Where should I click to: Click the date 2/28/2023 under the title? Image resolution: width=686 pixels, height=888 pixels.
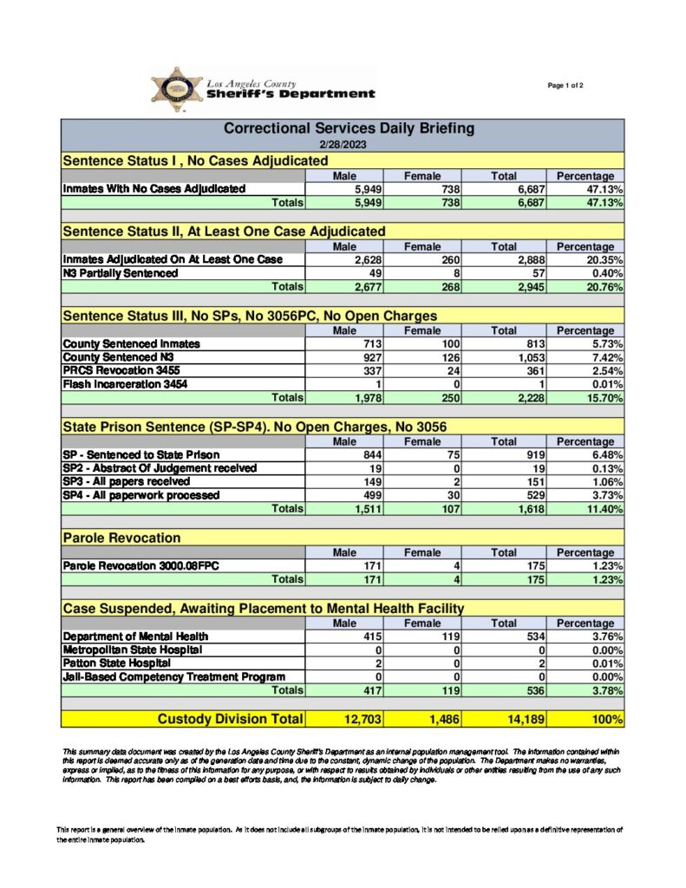tap(342, 145)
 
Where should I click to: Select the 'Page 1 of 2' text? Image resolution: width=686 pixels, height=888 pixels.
tap(565, 85)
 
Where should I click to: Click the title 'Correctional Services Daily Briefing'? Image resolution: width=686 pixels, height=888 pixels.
tap(350, 128)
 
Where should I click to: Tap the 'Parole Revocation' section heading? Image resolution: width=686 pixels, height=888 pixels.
tap(121, 539)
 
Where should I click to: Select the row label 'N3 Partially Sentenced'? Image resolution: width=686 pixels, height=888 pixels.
tap(121, 272)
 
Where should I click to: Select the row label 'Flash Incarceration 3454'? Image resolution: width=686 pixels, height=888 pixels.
tap(125, 384)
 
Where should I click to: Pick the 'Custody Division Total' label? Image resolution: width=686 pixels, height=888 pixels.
tap(230, 719)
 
